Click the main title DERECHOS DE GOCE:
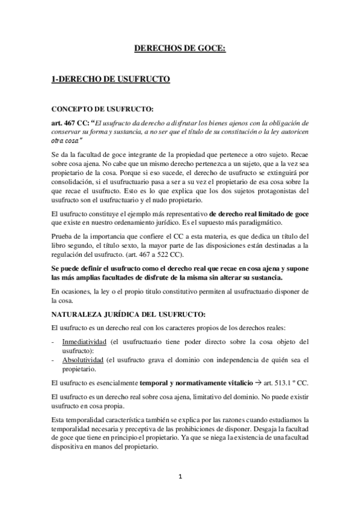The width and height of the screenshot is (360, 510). (x=179, y=49)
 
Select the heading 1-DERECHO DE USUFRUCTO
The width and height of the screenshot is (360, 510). (x=111, y=79)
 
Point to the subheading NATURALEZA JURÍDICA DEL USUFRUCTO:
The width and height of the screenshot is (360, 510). (x=129, y=313)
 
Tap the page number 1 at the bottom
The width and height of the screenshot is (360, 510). (x=180, y=477)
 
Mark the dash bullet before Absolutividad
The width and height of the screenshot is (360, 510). (x=54, y=360)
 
